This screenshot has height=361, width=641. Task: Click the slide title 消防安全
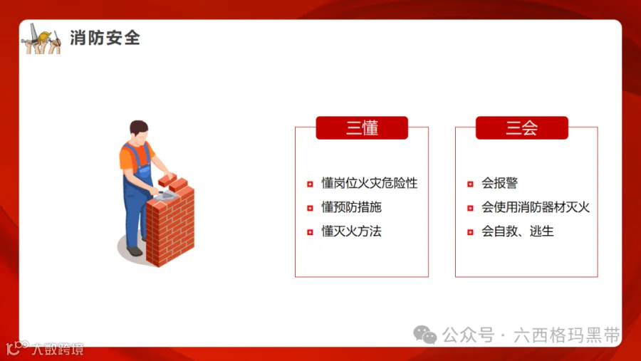tap(105, 38)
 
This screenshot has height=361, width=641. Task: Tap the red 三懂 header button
tap(362, 128)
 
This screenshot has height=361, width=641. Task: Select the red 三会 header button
tap(522, 128)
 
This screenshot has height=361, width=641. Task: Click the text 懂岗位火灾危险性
tap(369, 184)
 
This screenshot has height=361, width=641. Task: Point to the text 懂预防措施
tap(351, 208)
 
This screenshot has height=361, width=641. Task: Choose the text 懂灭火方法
tap(351, 231)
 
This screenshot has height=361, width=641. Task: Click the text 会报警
tap(499, 184)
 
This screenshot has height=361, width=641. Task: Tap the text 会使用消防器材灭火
tap(536, 208)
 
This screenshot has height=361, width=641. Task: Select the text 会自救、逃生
tap(517, 231)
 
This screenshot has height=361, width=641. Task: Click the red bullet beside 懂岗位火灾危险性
tap(310, 184)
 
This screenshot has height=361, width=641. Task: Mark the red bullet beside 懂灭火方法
tap(310, 232)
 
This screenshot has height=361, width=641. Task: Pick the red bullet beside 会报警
tap(470, 184)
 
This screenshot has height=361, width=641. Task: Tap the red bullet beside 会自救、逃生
tap(470, 232)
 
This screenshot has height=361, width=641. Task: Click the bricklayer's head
tap(140, 131)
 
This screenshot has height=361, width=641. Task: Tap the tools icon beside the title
tap(41, 38)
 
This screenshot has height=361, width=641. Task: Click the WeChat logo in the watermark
tap(425, 335)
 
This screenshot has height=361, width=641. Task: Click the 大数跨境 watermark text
tap(57, 349)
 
